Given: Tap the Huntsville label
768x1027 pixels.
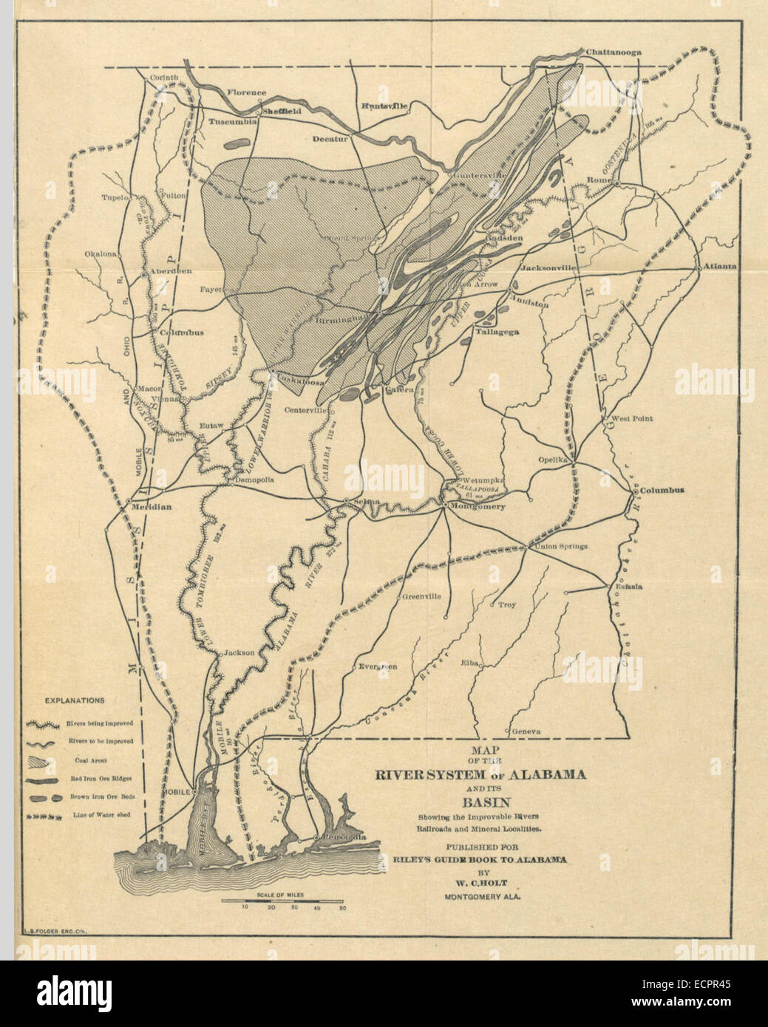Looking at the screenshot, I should (384, 106).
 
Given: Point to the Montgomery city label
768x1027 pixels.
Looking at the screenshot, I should (478, 506).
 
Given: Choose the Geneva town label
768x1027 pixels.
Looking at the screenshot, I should (528, 731).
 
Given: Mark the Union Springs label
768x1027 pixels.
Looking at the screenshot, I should (560, 546).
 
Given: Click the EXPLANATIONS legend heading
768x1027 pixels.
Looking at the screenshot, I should (75, 700).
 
